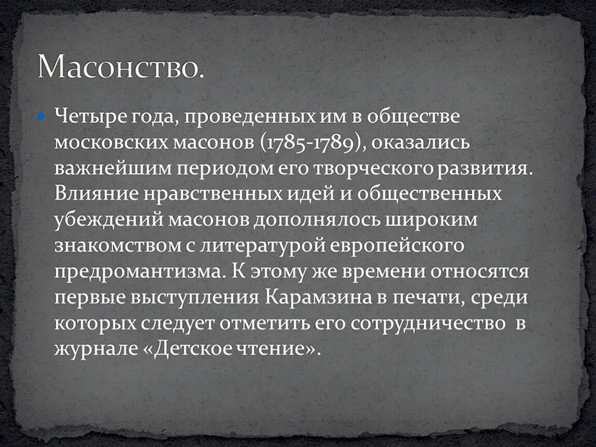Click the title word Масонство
click(x=120, y=67)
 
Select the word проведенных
click(x=250, y=116)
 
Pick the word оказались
click(x=420, y=142)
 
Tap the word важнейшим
click(x=113, y=169)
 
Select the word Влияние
click(x=96, y=194)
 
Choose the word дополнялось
click(x=317, y=220)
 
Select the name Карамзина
click(x=318, y=297)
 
